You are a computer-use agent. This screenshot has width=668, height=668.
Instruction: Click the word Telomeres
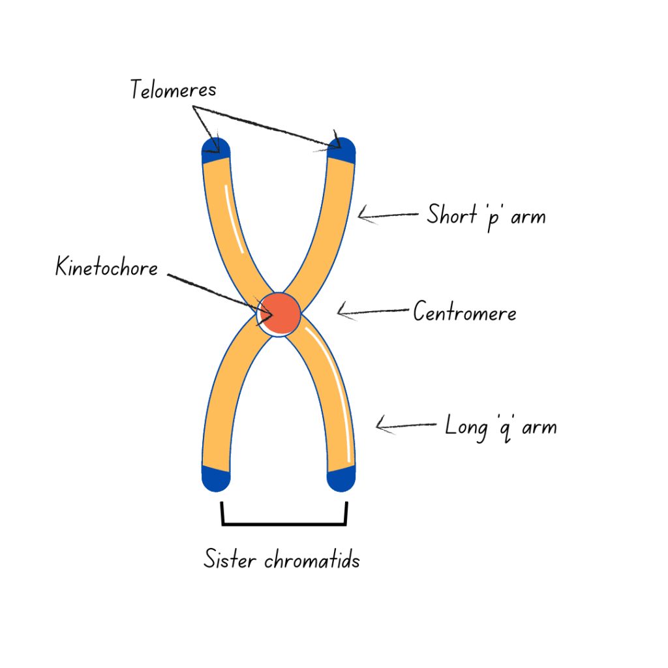point(172,89)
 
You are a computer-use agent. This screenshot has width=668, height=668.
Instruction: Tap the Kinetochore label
point(106,267)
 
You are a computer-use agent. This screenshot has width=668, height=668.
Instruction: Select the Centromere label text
point(464,313)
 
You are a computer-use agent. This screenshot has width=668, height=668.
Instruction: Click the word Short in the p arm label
point(452,214)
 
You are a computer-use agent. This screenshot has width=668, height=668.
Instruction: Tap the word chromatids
point(312,560)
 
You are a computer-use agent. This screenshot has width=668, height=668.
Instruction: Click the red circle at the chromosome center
point(280,314)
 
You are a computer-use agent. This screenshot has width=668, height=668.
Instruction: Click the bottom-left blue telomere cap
point(217,479)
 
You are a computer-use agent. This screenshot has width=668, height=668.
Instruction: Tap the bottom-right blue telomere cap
point(341,480)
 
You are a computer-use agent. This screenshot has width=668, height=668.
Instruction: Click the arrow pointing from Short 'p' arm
point(387,215)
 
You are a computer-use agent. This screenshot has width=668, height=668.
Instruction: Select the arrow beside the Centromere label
point(372,312)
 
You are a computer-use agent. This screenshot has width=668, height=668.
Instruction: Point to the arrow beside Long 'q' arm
point(406,427)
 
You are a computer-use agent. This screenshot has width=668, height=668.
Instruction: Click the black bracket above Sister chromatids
point(284,523)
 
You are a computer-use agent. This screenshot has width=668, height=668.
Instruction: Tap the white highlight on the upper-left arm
point(234,219)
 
